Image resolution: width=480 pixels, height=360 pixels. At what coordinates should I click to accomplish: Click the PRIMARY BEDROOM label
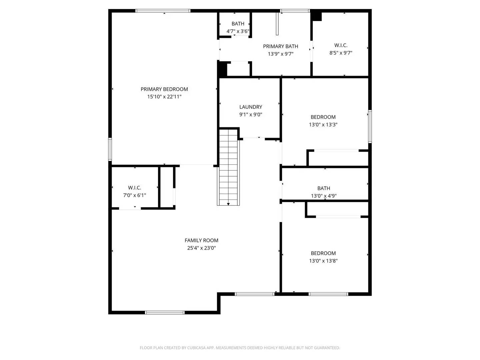pos(164,89)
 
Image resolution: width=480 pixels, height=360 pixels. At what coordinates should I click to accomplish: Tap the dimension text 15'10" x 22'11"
pos(164,97)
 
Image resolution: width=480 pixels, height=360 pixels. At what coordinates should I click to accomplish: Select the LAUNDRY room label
pos(251,107)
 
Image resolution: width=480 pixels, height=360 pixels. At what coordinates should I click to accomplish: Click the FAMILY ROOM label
pos(201,240)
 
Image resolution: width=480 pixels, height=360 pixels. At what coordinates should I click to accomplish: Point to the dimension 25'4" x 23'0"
pos(201,248)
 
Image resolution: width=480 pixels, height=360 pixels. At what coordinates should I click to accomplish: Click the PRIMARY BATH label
pos(280,46)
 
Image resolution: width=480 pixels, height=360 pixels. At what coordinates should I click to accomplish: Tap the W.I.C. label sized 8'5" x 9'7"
pos(341,45)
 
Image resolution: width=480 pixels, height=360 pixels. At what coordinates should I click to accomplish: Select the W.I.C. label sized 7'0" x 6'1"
pos(134,188)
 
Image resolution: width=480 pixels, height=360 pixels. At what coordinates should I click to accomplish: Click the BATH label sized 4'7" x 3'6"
pos(238,24)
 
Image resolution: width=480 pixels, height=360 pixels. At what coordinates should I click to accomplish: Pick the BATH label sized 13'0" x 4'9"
pos(324,188)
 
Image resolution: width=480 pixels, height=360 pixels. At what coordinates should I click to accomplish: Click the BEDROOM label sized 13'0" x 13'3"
pos(323,117)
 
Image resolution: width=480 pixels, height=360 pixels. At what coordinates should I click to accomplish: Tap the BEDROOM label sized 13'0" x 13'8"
pos(323,253)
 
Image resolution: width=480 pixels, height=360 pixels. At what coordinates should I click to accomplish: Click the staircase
pos(228,167)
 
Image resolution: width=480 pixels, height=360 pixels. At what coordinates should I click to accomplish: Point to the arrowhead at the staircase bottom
pos(228,204)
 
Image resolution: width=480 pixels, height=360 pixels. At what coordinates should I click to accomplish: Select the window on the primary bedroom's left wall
pos(110,149)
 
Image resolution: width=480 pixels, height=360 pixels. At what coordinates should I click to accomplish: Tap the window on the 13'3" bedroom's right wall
pos(370,127)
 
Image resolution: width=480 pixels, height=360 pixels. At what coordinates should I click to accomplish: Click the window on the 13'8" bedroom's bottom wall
pos(328,294)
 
